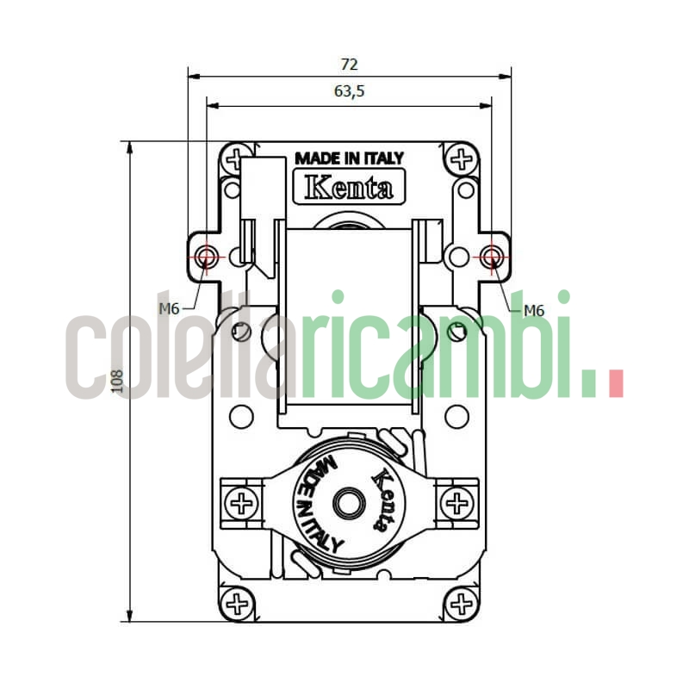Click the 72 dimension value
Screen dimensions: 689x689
coord(349,65)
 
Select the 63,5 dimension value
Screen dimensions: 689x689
coord(349,92)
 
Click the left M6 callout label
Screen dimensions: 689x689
coord(169,308)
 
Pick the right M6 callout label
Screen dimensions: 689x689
coord(534,310)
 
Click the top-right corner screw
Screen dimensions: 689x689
coord(462,159)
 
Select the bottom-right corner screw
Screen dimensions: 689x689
coord(462,602)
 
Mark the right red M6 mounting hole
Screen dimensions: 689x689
coord(492,257)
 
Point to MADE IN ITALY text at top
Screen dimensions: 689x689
coord(349,158)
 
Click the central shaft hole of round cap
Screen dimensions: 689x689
coord(349,503)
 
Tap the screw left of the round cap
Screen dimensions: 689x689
coord(243,503)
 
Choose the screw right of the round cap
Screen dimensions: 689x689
coord(456,502)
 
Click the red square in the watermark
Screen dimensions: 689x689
coord(615,384)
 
